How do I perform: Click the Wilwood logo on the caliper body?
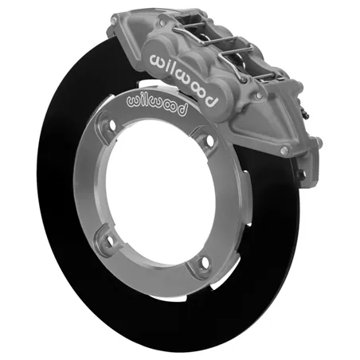[x=184, y=80]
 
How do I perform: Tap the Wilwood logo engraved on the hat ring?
[x=157, y=105]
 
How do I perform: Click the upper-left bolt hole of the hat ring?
[x=112, y=124]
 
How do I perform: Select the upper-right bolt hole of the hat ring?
[x=210, y=141]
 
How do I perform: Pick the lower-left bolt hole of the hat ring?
[x=110, y=241]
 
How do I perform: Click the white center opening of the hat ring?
[x=160, y=192]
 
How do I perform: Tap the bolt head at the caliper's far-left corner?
[x=114, y=20]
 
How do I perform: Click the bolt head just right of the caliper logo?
[x=259, y=94]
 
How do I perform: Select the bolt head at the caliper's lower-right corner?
[x=284, y=151]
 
